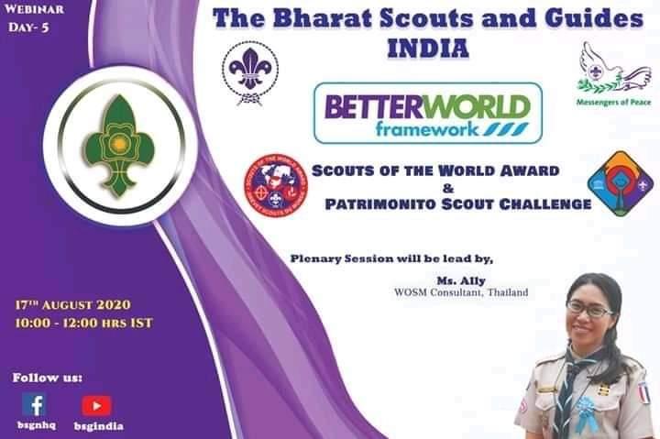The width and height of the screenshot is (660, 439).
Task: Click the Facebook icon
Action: (x=34, y=404)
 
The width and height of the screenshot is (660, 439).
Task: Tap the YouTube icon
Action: (x=96, y=405)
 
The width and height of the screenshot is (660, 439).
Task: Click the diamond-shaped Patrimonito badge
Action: (x=620, y=182)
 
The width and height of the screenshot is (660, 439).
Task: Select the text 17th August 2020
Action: (x=73, y=304)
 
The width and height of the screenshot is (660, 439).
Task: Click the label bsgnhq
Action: (x=35, y=425)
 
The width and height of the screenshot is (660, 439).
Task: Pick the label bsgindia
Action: (x=99, y=425)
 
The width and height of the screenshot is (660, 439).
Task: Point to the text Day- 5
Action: (x=28, y=28)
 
